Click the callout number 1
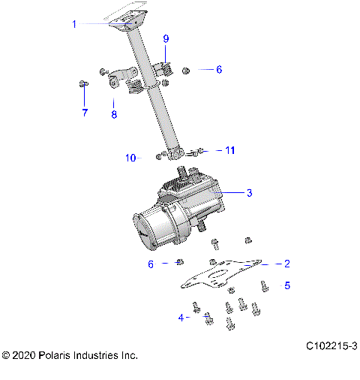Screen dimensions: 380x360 [74, 24]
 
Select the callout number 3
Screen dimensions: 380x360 [249, 193]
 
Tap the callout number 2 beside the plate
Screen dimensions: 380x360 [286, 264]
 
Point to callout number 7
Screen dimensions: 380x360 [85, 113]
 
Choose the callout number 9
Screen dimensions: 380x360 [166, 38]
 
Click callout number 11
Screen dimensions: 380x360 [230, 150]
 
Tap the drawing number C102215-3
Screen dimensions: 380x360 [331, 345]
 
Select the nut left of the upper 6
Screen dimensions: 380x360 [185, 70]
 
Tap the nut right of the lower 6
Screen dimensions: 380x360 [180, 262]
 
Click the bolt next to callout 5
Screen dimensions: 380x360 [264, 285]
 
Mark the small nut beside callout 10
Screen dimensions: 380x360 [159, 156]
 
